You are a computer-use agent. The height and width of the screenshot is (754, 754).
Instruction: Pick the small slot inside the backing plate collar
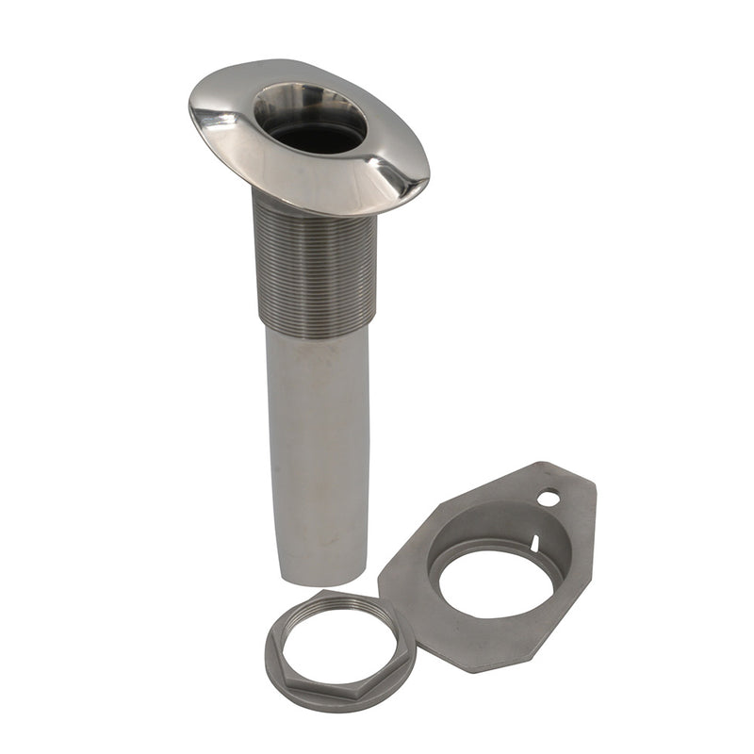pyautogui.click(x=534, y=543)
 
